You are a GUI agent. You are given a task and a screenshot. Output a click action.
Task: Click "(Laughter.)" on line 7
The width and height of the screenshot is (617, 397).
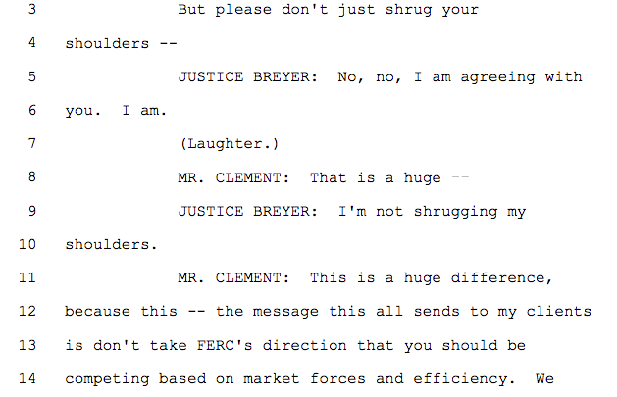click(230, 144)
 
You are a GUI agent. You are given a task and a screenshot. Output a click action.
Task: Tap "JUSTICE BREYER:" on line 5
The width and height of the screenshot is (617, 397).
click(241, 76)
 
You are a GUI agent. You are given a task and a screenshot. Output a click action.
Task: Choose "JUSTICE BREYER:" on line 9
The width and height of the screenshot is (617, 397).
click(241, 211)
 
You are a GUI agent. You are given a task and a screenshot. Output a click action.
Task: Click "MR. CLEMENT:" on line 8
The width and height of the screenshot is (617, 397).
click(230, 177)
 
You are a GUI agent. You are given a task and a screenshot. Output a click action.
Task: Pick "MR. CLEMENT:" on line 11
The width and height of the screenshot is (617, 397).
click(230, 277)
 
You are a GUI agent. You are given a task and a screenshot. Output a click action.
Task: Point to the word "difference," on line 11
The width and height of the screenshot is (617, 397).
click(500, 277)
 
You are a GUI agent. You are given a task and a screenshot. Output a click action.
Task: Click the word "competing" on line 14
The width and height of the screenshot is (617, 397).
click(101, 377)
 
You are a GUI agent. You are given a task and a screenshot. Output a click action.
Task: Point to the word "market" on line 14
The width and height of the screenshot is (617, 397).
click(286, 377)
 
